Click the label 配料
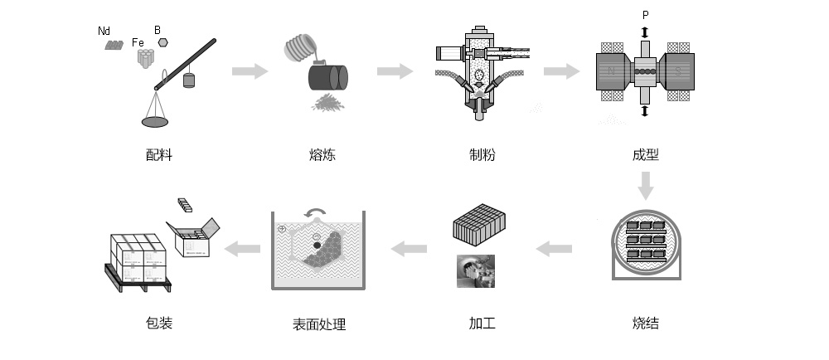click(158, 154)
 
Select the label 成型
click(645, 154)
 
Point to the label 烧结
click(645, 323)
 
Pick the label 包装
click(158, 323)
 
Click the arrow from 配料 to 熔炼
click(250, 71)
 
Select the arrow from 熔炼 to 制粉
click(395, 71)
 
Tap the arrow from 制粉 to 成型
click(561, 71)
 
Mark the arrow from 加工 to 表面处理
click(410, 247)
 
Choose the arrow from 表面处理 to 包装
click(245, 247)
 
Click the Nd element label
click(104, 31)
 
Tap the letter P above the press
click(645, 16)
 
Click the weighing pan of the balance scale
click(155, 122)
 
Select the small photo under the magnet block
click(476, 271)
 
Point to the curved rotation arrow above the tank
click(315, 213)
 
